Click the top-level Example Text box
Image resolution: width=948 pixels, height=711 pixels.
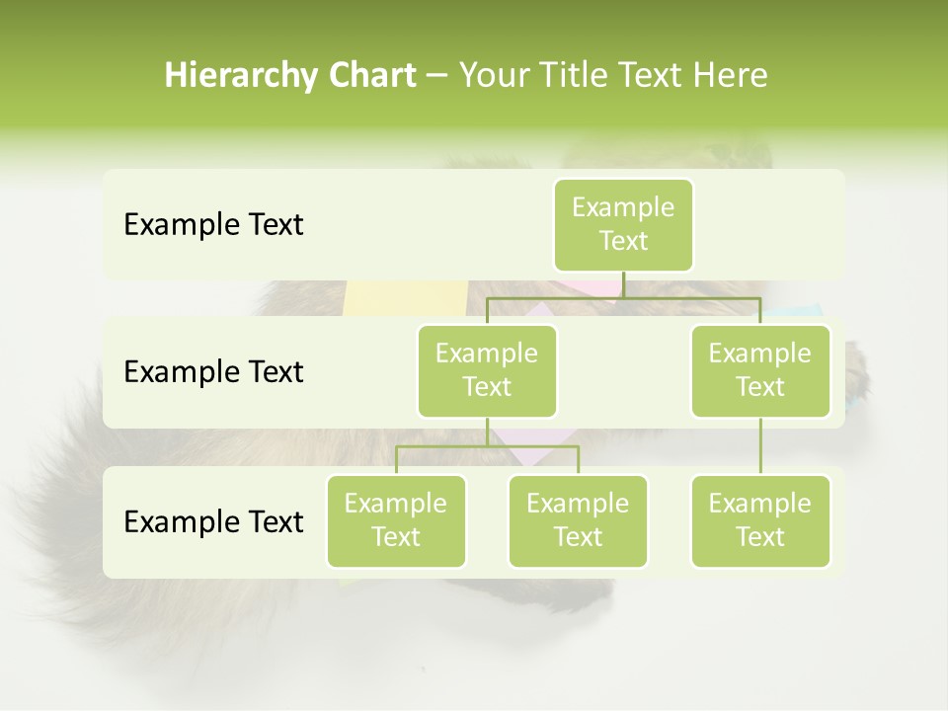point(623,224)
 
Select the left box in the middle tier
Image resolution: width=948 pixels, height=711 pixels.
point(487,370)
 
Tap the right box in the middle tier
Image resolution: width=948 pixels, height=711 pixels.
point(760,370)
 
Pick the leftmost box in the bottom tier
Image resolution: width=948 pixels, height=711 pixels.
point(396,520)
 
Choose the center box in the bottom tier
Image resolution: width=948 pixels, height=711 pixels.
point(578,520)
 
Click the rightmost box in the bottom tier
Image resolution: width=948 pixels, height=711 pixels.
point(760,520)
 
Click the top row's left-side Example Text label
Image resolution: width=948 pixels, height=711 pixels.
point(213,225)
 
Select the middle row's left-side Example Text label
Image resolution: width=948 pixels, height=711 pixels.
point(213,372)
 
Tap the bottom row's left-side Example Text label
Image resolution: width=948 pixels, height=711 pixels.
point(213,521)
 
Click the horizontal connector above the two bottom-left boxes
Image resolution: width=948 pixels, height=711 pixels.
point(487,446)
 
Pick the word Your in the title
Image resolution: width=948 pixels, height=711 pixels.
point(492,75)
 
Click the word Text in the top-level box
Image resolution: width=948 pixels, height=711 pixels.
point(623,241)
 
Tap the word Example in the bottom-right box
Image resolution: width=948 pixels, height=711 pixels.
point(760,504)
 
